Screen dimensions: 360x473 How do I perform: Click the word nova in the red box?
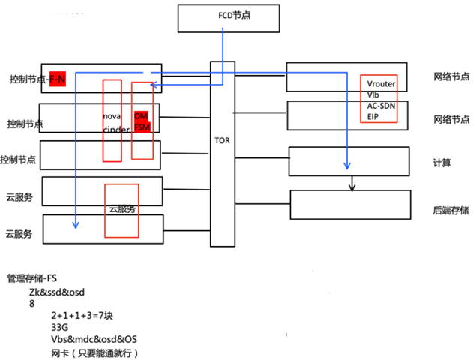point(112,117)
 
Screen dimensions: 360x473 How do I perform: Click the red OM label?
point(140,117)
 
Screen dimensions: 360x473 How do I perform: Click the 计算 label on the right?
point(442,162)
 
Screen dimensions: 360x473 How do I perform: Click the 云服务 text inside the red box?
point(122,209)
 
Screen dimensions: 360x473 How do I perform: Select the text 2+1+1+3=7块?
point(83,316)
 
